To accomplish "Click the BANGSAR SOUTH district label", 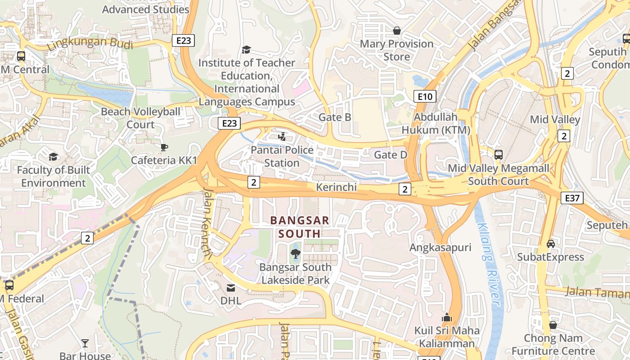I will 295,227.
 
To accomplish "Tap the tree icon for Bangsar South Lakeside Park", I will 296,254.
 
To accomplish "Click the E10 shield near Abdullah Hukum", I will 425,96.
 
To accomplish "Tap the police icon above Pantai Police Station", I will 282,136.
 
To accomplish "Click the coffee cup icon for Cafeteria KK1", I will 164,147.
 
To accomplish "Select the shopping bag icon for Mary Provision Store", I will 397,31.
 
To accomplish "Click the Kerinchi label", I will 336,187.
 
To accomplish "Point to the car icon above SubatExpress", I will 550,243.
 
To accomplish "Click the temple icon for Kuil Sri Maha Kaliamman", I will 446,317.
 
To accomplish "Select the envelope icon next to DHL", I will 230,288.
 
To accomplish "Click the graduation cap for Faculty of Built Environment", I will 54,157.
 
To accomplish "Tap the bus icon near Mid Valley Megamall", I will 498,155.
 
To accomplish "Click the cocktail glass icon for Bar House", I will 85,344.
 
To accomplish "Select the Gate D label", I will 391,155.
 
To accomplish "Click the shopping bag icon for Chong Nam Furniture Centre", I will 553,324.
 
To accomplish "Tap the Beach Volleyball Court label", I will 140,118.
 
